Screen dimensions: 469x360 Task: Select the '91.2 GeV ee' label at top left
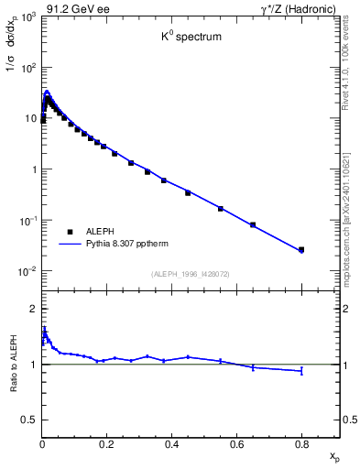(71, 8)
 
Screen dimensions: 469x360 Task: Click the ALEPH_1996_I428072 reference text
(191, 274)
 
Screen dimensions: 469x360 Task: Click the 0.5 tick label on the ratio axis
(29, 420)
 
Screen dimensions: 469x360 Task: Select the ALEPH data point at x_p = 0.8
(301, 249)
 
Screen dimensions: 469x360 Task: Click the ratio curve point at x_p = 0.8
(301, 371)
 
